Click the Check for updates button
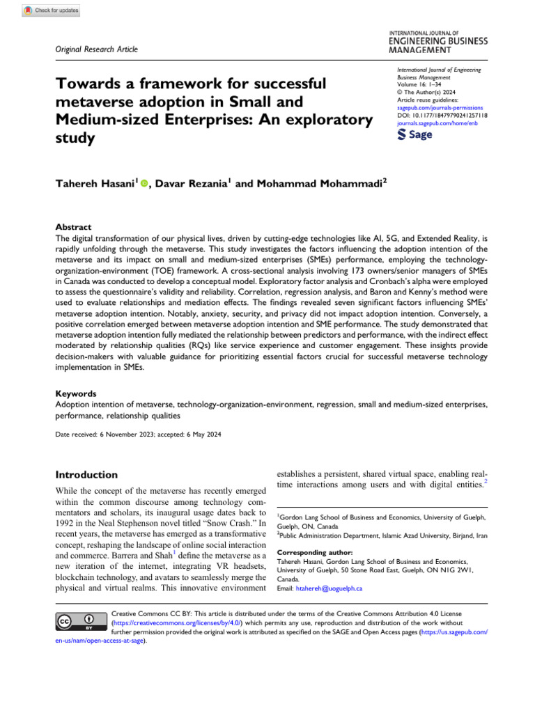click(52, 10)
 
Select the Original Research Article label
click(97, 49)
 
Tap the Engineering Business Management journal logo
click(438, 41)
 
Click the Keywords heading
click(77, 393)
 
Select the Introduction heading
click(86, 475)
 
